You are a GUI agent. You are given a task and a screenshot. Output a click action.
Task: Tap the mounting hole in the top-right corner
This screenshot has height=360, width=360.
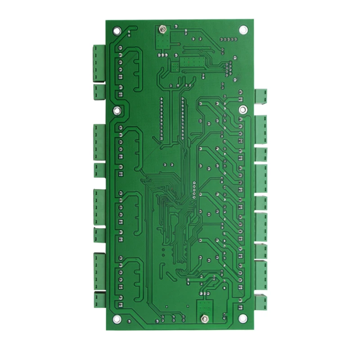(x=243, y=30)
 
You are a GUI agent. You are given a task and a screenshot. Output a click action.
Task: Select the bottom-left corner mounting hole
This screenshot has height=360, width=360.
(x=117, y=319)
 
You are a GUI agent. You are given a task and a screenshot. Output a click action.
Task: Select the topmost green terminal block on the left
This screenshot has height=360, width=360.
(x=99, y=63)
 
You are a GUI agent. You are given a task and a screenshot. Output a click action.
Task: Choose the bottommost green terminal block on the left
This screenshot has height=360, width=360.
(x=99, y=300)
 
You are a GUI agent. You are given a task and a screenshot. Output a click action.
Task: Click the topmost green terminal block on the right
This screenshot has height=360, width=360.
(x=261, y=96)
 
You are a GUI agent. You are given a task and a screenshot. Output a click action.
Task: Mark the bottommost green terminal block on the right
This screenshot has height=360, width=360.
(x=261, y=302)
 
